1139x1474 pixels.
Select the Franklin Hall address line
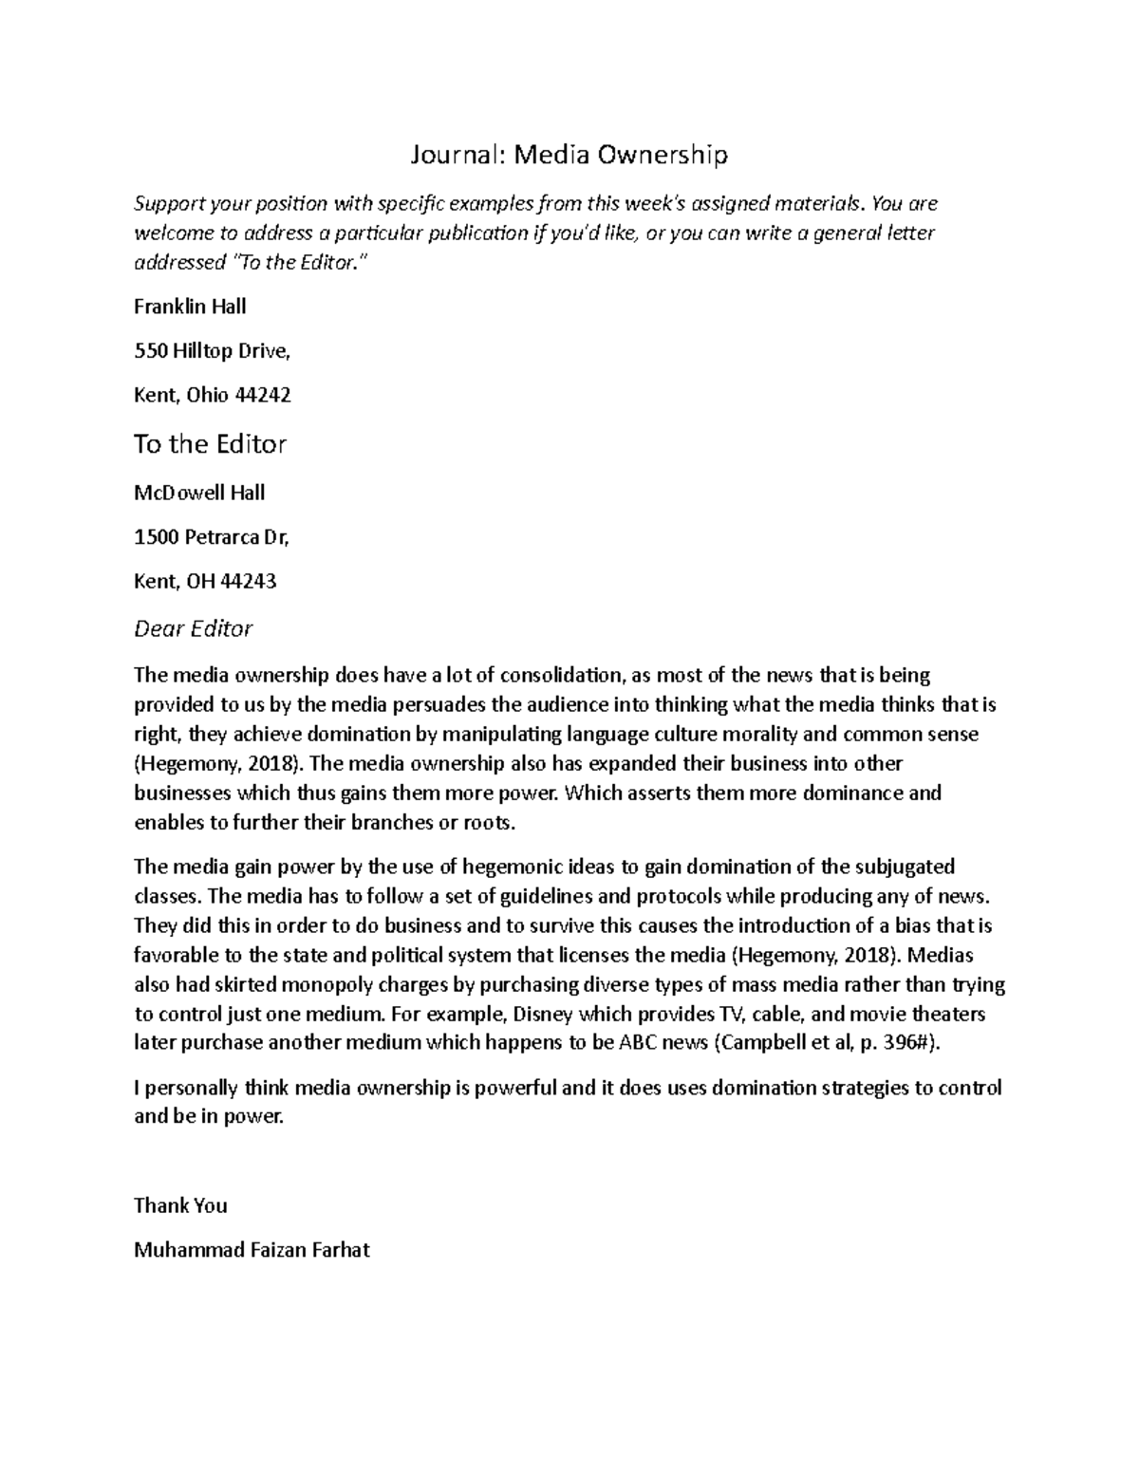click(x=190, y=307)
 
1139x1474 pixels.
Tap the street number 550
click(x=149, y=351)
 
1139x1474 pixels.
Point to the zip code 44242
click(x=261, y=395)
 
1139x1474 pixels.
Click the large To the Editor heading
click(x=210, y=444)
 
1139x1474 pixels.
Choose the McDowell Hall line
click(x=198, y=493)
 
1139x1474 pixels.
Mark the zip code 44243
click(x=247, y=581)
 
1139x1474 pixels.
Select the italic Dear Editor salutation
click(x=193, y=628)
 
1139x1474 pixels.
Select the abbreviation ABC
click(x=637, y=1043)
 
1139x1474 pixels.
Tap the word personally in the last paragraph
click(x=192, y=1088)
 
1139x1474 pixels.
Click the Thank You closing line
click(x=180, y=1205)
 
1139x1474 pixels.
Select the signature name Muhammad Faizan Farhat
click(x=252, y=1250)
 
